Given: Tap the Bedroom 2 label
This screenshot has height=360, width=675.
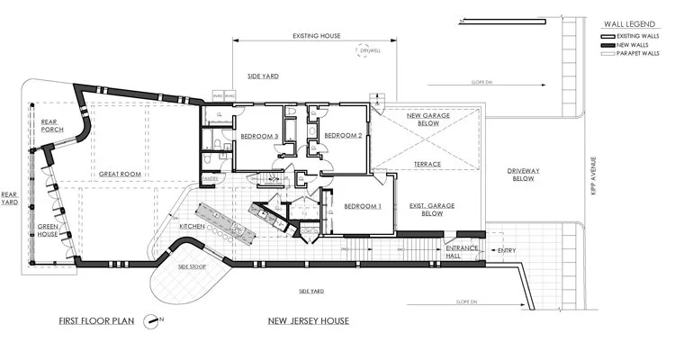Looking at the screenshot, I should point(343,136).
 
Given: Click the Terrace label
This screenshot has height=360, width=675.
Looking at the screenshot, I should point(427,165).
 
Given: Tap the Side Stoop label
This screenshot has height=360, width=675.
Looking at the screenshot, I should point(193,266).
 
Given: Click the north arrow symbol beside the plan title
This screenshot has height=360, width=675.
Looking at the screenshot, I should point(161,319).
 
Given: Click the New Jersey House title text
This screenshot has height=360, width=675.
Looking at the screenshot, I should point(309,320).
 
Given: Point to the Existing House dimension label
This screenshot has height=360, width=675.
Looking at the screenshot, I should point(316,36).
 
